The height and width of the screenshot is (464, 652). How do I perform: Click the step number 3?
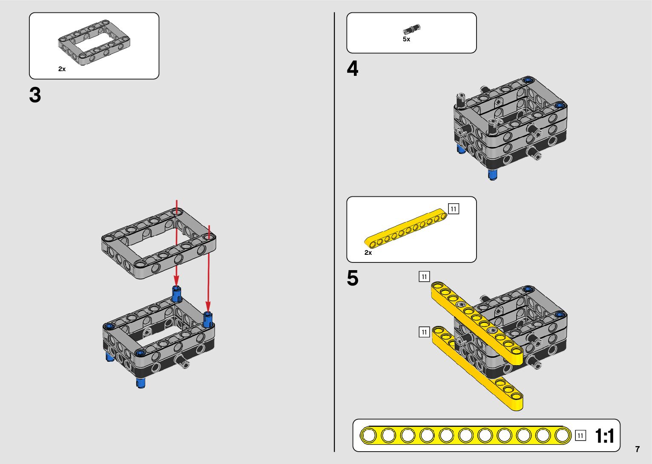(x=35, y=95)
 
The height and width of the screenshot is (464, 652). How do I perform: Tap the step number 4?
(x=353, y=69)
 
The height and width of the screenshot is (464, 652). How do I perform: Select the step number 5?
(x=353, y=278)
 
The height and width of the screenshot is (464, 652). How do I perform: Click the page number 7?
(x=637, y=449)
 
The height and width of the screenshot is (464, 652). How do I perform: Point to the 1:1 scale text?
(x=604, y=436)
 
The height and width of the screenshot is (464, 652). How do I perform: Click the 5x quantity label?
(x=406, y=39)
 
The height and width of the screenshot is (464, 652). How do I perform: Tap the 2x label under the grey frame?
(x=62, y=69)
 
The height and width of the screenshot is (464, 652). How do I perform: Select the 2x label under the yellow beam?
(x=368, y=253)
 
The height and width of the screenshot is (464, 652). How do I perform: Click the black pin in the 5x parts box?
(x=411, y=29)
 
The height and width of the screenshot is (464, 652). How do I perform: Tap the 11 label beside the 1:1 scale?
(x=580, y=435)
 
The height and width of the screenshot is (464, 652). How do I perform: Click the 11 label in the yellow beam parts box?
(x=454, y=209)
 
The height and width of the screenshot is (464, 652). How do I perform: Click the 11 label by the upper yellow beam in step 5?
(x=424, y=277)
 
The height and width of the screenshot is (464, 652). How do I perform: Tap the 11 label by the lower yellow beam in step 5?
(x=424, y=332)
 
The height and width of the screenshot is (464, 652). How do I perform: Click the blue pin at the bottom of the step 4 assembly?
(x=493, y=175)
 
